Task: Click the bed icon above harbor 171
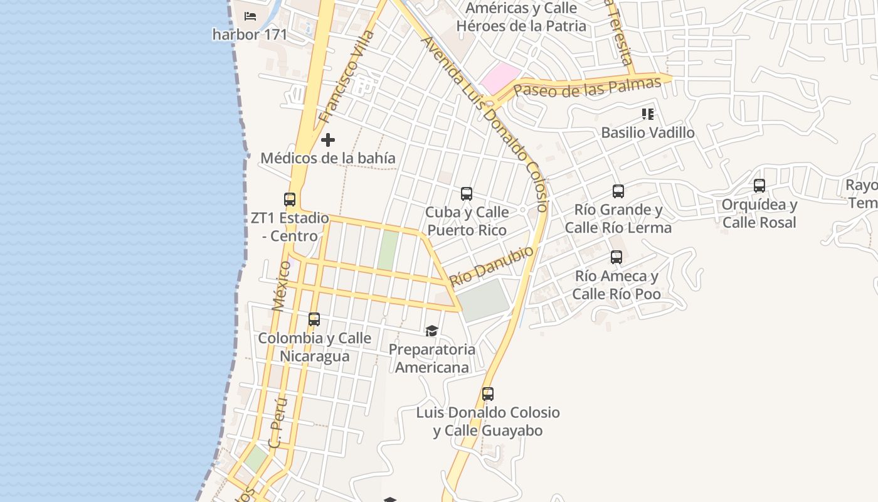[250, 16]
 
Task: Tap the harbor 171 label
[250, 35]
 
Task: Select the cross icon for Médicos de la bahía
[328, 140]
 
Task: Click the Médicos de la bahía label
[328, 158]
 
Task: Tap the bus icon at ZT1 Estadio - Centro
[290, 200]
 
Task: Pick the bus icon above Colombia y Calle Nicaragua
[314, 319]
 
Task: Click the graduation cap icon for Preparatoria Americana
[431, 331]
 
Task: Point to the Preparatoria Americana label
[432, 358]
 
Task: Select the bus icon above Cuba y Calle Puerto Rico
[467, 194]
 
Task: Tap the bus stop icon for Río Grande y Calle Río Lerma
[618, 191]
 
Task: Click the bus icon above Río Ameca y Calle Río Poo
[616, 257]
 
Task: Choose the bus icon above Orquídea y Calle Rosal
[759, 186]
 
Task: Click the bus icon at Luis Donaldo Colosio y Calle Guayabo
[488, 394]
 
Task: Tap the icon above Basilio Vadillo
[648, 114]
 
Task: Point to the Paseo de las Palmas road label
[587, 87]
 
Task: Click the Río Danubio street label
[492, 265]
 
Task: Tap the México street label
[282, 286]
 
